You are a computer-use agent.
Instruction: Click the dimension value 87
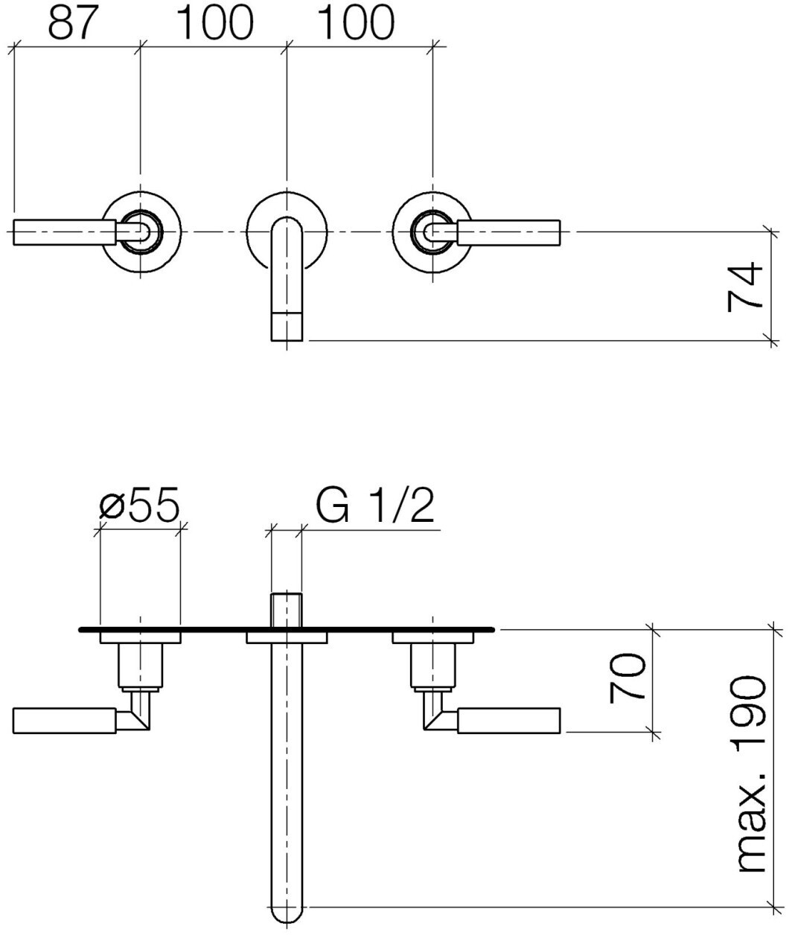(x=73, y=22)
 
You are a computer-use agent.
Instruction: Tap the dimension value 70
(x=627, y=677)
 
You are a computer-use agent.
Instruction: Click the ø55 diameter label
(x=139, y=505)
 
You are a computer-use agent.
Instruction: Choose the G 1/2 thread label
(x=375, y=505)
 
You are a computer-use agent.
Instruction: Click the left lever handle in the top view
(x=66, y=232)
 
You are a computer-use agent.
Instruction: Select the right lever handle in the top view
(x=509, y=232)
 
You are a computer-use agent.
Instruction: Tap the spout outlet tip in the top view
(x=287, y=326)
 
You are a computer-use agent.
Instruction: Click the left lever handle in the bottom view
(x=65, y=721)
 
